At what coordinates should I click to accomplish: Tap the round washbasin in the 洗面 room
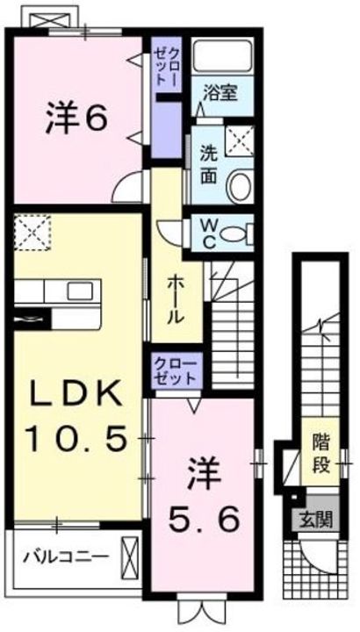[239, 185]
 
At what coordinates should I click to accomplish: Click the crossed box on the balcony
[132, 556]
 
